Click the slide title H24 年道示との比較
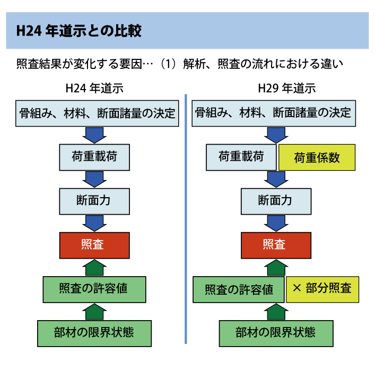click(x=79, y=31)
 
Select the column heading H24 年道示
click(x=94, y=88)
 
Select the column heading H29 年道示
click(x=287, y=88)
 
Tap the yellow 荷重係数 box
click(x=317, y=157)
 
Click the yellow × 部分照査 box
click(x=322, y=289)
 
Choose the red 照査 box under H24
click(x=94, y=245)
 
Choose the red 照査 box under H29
click(x=276, y=245)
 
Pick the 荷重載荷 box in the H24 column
click(x=94, y=157)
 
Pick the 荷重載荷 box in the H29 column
click(x=241, y=157)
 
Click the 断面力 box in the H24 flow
click(x=94, y=201)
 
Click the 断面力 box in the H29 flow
click(x=276, y=201)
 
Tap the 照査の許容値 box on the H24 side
click(x=94, y=289)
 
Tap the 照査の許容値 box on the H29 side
click(x=239, y=289)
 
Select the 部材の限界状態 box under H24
click(x=94, y=333)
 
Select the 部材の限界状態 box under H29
click(x=276, y=333)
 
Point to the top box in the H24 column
click(x=97, y=113)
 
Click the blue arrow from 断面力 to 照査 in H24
click(x=94, y=223)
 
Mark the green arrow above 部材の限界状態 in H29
click(x=276, y=312)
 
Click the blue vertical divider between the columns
click(x=186, y=219)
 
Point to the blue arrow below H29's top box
click(x=276, y=135)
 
